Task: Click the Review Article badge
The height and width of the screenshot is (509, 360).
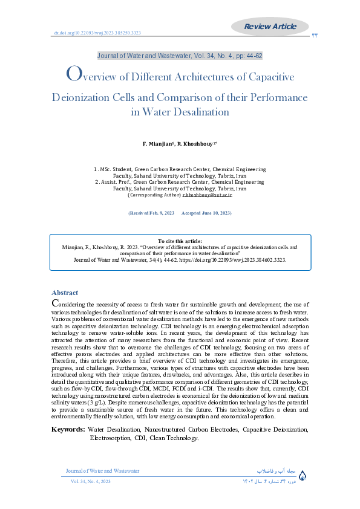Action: (x=270, y=26)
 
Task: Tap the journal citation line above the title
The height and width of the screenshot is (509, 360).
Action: (x=180, y=56)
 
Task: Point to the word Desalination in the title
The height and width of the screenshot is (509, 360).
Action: (x=200, y=112)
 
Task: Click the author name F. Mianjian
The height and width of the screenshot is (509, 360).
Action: (x=159, y=144)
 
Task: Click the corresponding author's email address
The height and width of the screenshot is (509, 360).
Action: (x=208, y=195)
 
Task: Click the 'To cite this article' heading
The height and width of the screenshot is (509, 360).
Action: (x=180, y=241)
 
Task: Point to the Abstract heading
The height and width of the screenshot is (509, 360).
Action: (x=65, y=292)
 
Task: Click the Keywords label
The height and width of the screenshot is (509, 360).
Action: (x=68, y=429)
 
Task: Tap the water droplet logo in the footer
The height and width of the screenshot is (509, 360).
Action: (x=303, y=476)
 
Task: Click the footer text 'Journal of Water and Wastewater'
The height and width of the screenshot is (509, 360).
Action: (x=102, y=470)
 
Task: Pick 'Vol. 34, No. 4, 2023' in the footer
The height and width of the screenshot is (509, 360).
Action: (x=91, y=481)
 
